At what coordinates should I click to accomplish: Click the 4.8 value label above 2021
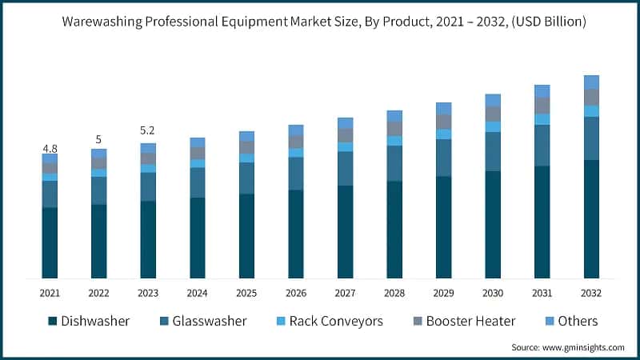[50, 149]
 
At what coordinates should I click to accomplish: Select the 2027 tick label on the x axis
[345, 293]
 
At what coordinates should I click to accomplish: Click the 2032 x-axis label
[591, 293]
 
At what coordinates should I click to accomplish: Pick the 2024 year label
[197, 293]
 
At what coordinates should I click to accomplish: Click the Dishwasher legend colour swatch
[53, 321]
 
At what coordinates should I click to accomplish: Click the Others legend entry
[570, 321]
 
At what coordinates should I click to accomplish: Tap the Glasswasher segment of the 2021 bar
[50, 194]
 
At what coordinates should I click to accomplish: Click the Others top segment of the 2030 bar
[493, 100]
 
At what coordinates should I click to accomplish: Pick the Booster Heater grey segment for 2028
[394, 128]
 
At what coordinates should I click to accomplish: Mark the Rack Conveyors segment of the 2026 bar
[296, 153]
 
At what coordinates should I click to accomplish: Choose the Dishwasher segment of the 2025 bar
[246, 235]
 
